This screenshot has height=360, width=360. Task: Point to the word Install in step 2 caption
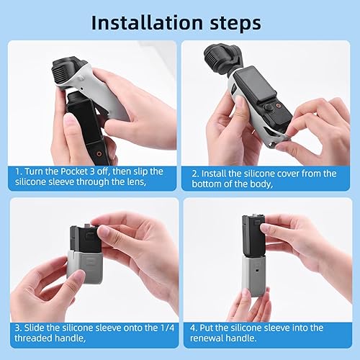click(215, 173)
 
